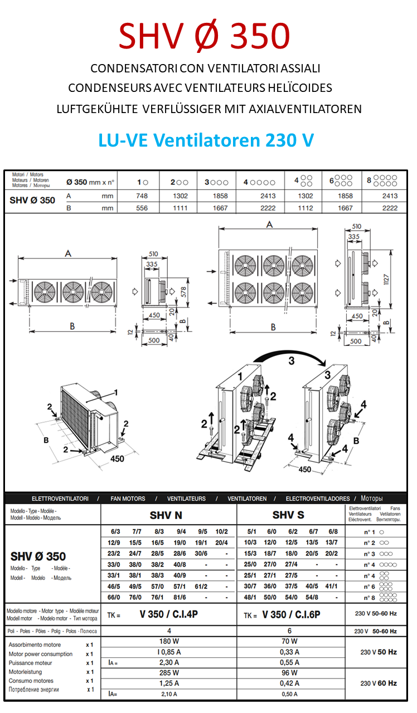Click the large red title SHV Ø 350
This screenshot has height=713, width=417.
pos(204,36)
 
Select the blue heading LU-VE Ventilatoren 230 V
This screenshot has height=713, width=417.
pos(206,140)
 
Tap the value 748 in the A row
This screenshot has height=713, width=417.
pos(142,196)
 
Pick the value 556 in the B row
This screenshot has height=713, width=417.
pos(142,208)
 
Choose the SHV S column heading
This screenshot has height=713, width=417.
pos(288,515)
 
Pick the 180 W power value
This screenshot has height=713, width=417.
pos(168,641)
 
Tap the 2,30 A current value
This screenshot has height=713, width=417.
pos(168,662)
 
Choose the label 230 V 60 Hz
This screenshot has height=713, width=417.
pos(379,683)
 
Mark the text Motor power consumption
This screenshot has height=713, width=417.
pos(41,654)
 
